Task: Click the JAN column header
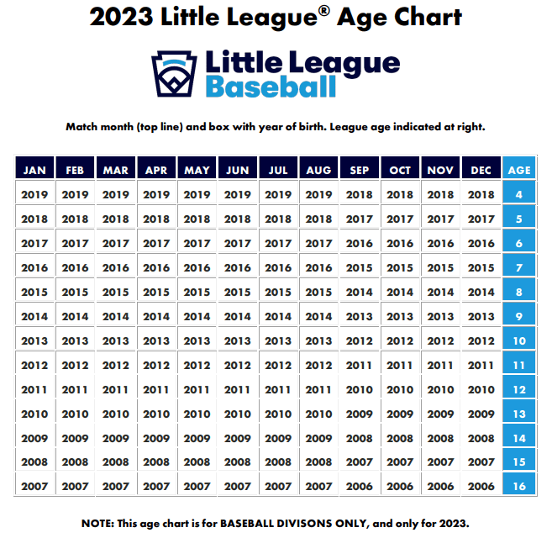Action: pos(34,170)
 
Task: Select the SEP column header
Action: pos(360,170)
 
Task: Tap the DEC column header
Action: pos(481,170)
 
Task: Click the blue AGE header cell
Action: pos(519,170)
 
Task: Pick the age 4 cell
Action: pos(519,195)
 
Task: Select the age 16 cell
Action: pos(519,486)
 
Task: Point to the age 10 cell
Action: pos(519,340)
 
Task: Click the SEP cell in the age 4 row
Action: pos(360,195)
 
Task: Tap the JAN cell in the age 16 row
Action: pos(34,486)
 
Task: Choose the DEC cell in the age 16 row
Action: pos(481,486)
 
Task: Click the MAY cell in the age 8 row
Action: pos(197,292)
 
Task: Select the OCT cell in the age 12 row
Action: pos(400,389)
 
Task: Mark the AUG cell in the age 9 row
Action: pos(318,316)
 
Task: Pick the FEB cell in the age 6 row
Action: pos(75,243)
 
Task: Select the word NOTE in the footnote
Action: pos(101,523)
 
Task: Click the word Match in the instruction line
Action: pos(82,127)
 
